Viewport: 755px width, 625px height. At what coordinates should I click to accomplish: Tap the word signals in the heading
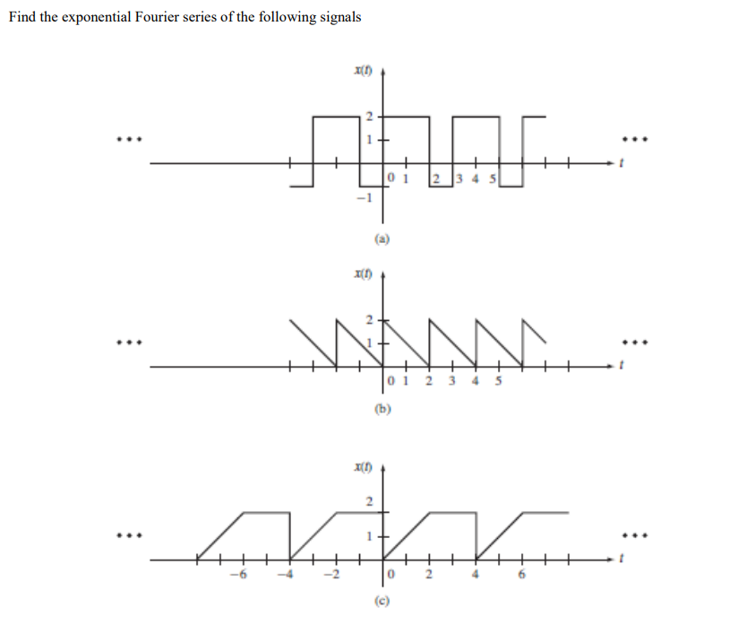338,19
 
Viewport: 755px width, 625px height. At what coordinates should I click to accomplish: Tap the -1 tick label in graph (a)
361,198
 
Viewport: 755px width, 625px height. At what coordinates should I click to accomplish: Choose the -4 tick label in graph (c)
289,576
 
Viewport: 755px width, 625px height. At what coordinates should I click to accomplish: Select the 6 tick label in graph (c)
522,576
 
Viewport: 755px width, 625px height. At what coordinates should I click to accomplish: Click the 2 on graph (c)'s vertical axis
367,501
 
